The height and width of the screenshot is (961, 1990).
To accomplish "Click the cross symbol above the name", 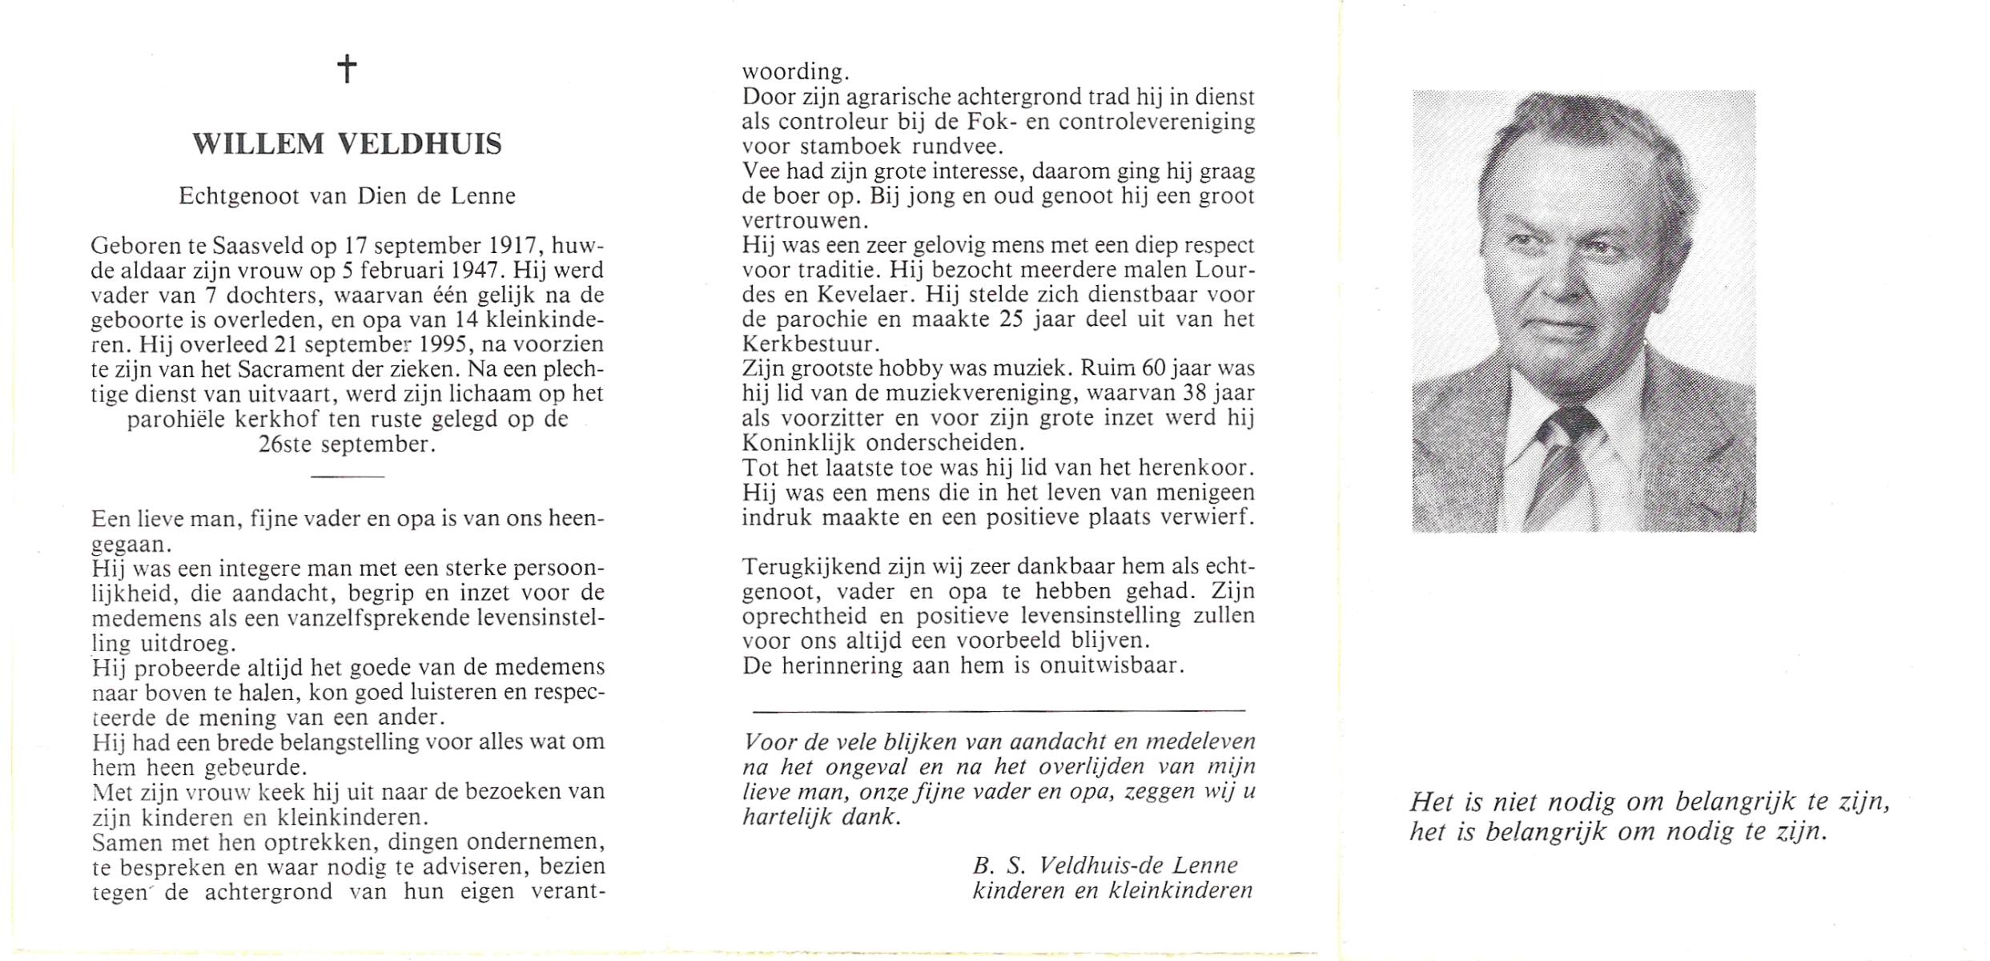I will point(347,69).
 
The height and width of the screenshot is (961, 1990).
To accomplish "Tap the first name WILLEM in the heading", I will point(259,145).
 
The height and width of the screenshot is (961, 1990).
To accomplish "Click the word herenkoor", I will point(1195,468).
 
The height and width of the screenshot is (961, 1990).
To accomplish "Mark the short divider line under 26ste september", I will point(347,477).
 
